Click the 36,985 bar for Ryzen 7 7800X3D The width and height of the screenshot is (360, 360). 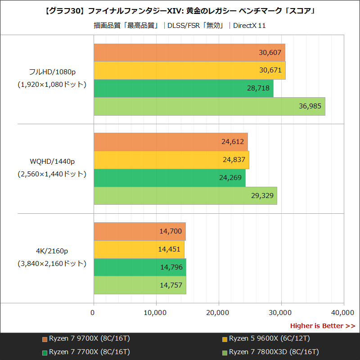pyautogui.click(x=209, y=106)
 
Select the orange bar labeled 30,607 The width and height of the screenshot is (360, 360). pyautogui.click(x=189, y=52)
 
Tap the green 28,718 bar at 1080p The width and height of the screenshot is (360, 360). pyautogui.click(x=183, y=88)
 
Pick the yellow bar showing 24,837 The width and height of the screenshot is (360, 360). pyautogui.click(x=171, y=160)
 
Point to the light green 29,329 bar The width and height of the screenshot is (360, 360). pyautogui.click(x=185, y=196)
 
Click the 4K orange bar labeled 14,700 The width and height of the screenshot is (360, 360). pyautogui.click(x=139, y=231)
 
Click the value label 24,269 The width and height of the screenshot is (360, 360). pyautogui.click(x=231, y=178)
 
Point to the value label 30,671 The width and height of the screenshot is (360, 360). pyautogui.click(x=270, y=70)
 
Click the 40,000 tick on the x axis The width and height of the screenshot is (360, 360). pyautogui.click(x=344, y=312)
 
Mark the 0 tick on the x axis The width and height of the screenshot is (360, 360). pyautogui.click(x=94, y=312)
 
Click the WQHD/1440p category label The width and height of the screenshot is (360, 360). pyautogui.click(x=52, y=162)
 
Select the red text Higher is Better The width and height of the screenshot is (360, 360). pyautogui.click(x=322, y=326)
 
